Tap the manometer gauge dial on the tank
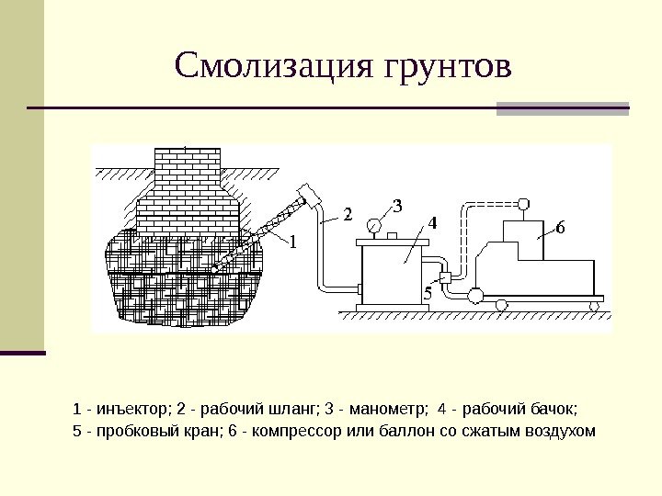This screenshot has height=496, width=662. (x=375, y=224)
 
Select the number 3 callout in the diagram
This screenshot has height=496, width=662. (x=397, y=205)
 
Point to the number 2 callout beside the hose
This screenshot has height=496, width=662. (x=348, y=215)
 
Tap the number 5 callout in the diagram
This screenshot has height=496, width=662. (x=427, y=291)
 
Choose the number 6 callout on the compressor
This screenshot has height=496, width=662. (x=560, y=227)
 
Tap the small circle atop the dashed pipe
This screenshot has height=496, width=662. (x=523, y=202)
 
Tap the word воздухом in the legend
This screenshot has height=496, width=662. (x=555, y=431)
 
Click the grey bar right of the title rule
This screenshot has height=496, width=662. (x=563, y=108)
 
